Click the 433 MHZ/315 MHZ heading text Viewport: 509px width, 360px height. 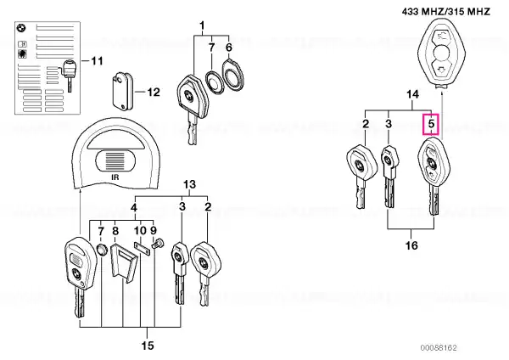coord(445,12)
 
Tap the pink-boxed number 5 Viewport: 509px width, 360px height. coord(431,124)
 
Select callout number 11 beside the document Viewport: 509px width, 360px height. coord(97,61)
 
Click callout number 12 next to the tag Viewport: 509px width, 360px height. coord(154,93)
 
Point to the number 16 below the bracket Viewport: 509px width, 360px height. coord(411,245)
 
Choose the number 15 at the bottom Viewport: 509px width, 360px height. coord(147,346)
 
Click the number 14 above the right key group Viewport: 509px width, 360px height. coord(412,94)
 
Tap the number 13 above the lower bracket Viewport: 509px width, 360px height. coord(189,184)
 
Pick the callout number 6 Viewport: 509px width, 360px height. coord(229,48)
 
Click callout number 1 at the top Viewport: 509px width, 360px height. coord(202,25)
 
